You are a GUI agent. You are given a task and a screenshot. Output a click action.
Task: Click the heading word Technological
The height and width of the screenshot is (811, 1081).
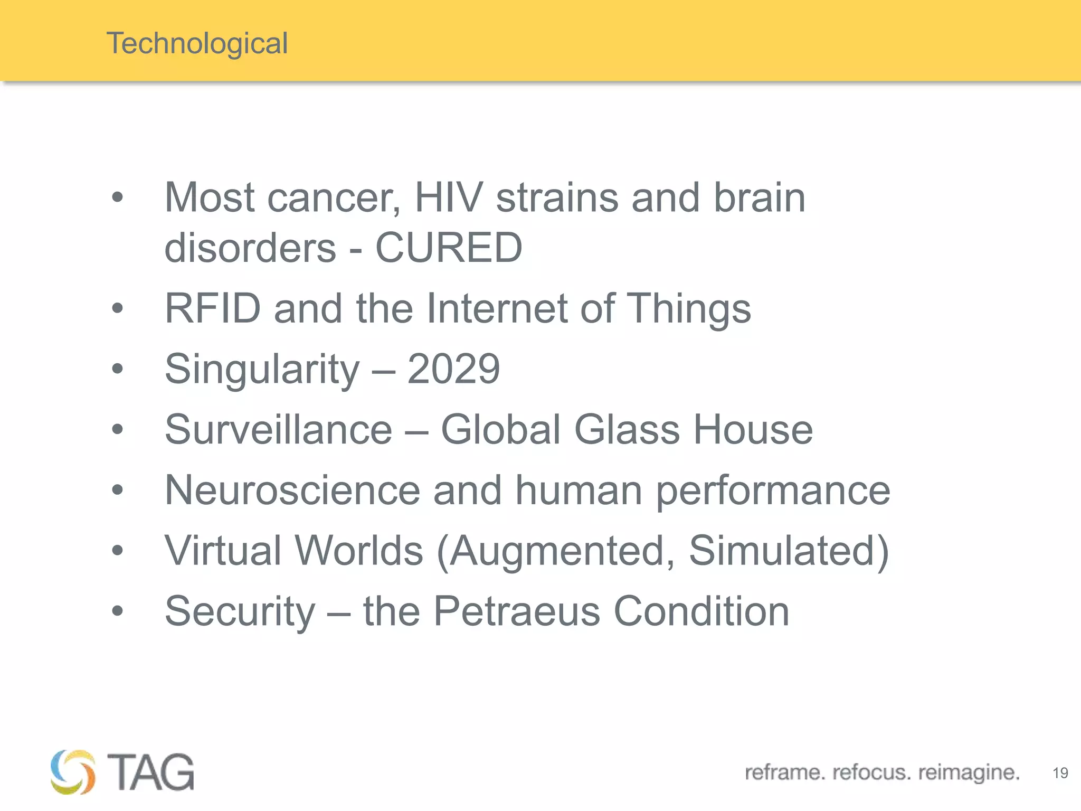tap(197, 43)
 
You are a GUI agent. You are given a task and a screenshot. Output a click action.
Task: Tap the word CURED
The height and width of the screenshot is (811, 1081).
tap(449, 247)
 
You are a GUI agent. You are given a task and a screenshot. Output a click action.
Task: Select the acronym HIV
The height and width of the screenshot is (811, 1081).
tap(449, 197)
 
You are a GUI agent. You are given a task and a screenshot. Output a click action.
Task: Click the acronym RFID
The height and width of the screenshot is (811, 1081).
tap(213, 308)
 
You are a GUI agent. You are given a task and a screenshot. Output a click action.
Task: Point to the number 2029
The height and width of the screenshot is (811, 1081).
tap(453, 369)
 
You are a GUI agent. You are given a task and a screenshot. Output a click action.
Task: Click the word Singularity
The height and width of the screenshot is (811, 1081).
tap(262, 369)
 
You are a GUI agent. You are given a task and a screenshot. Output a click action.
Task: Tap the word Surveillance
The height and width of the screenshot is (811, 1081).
tap(278, 429)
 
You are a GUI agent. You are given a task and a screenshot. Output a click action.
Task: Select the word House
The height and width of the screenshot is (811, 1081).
tap(753, 429)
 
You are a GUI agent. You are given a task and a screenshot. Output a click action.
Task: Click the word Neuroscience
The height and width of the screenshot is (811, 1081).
tap(292, 490)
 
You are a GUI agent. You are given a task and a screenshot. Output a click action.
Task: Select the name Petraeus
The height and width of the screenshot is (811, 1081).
tap(517, 611)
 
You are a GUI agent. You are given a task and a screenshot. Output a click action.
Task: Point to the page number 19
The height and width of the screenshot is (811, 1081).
tap(1060, 773)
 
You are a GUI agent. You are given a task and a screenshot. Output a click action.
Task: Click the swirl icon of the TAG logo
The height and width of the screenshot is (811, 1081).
tap(73, 772)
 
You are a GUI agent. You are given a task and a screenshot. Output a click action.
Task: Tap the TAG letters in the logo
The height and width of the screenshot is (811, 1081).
tap(150, 772)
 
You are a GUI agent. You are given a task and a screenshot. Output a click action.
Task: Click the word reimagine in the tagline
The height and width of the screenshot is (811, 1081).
tap(969, 772)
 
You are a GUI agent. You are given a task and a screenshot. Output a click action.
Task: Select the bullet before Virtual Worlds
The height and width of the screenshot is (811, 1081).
tap(117, 551)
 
